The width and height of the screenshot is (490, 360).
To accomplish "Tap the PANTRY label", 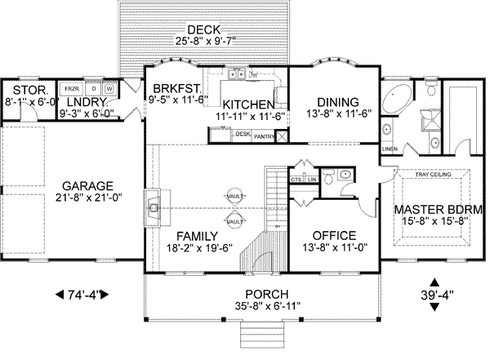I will tap(263, 136).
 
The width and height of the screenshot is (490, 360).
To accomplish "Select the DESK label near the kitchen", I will tap(242, 134).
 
